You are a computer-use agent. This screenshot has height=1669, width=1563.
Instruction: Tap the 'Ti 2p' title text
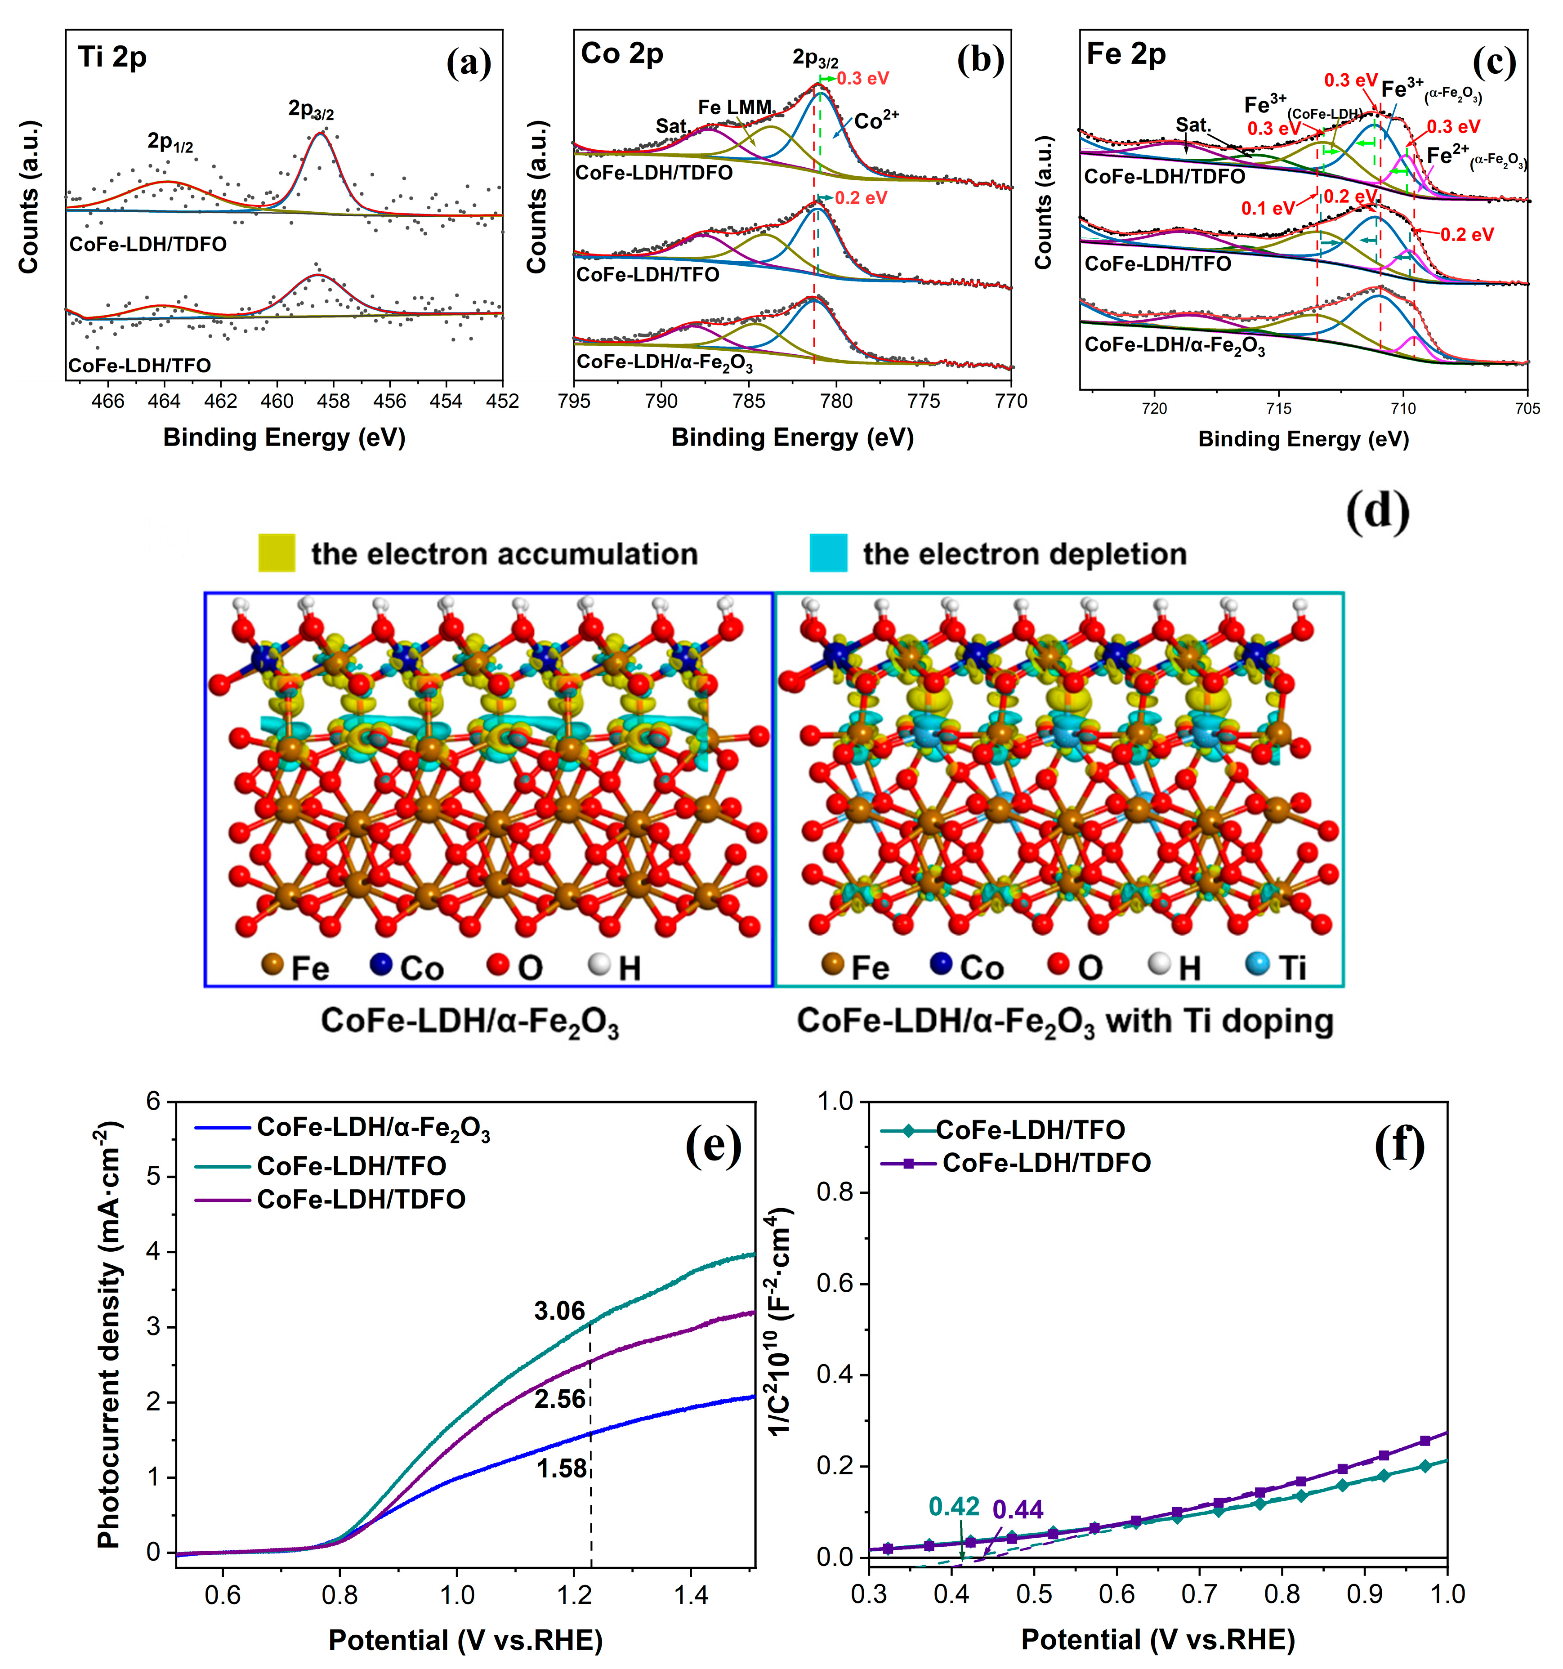coord(112,57)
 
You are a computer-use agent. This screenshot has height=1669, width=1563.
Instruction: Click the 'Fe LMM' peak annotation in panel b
coord(735,107)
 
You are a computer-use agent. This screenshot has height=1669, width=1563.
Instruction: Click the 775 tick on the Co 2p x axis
coord(923,402)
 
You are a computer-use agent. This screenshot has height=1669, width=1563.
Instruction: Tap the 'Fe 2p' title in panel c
coord(1125,54)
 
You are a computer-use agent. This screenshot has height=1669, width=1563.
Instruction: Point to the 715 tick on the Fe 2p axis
coord(1278,409)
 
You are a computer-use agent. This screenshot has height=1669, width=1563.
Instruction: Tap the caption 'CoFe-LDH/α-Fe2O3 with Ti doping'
coord(1064,1022)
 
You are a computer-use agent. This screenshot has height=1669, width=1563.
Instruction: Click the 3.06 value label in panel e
coord(559,1312)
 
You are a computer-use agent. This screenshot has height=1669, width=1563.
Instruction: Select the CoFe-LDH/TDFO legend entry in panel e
coord(361,1200)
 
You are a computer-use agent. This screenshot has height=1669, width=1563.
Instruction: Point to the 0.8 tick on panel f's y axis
coord(835,1192)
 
